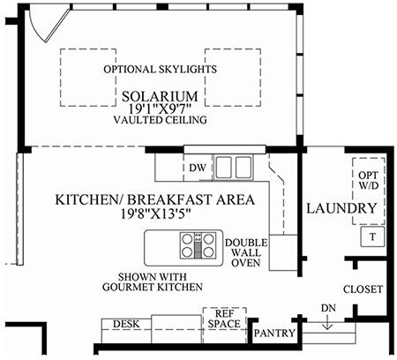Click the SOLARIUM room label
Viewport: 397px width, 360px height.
[x=160, y=96]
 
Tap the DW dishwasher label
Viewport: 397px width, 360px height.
[x=198, y=168]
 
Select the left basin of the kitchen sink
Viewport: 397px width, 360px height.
[x=223, y=168]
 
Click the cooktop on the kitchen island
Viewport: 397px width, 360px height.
[x=198, y=245]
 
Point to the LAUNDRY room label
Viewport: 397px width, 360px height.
[x=341, y=208]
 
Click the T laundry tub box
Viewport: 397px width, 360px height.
[x=372, y=236]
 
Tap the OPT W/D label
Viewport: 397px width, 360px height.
[x=368, y=181]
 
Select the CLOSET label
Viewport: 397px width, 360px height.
[x=363, y=289]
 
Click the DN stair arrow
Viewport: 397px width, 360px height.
[x=328, y=322]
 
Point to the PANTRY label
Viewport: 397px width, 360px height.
[x=274, y=334]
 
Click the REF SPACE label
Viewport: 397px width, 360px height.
[x=224, y=319]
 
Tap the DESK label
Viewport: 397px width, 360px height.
[x=126, y=324]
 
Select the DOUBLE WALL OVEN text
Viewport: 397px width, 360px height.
[x=246, y=252]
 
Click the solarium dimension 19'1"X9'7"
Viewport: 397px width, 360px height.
[x=160, y=109]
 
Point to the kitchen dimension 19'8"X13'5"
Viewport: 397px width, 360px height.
[x=156, y=214]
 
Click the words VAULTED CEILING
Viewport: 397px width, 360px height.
[x=160, y=120]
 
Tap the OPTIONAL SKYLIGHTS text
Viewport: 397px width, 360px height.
[x=160, y=70]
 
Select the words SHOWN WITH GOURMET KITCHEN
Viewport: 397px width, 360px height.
[x=153, y=281]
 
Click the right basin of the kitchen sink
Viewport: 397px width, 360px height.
[x=243, y=168]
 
